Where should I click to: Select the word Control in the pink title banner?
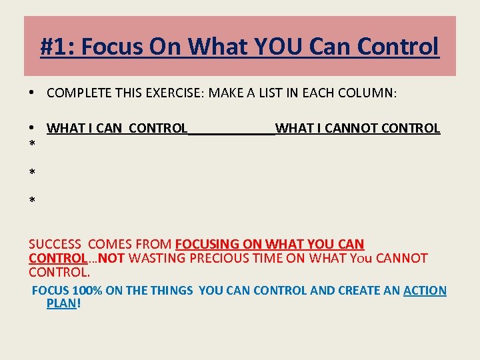(x=398, y=47)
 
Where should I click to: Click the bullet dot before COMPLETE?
(x=32, y=93)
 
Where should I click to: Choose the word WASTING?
(x=153, y=258)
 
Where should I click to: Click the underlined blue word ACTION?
(x=425, y=291)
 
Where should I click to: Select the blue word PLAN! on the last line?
(x=63, y=303)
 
